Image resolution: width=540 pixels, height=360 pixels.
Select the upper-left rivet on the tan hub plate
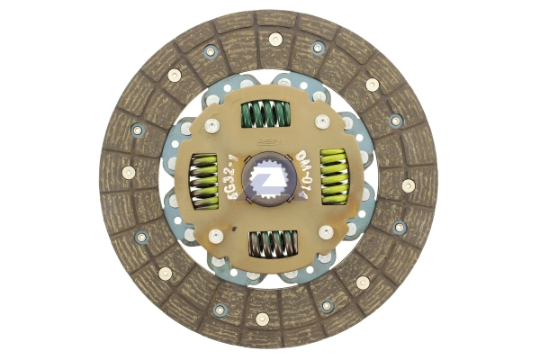pos(212,126)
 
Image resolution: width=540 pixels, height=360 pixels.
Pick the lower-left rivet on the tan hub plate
pos(216,235)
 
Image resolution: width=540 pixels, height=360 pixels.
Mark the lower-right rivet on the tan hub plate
pos(325,231)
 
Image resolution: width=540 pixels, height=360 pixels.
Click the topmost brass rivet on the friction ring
pos(275,39)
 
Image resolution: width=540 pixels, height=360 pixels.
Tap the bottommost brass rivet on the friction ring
pos(262,318)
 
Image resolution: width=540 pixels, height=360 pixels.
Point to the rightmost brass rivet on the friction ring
pos(408,184)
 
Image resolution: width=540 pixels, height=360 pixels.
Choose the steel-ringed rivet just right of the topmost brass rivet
pos(318,47)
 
